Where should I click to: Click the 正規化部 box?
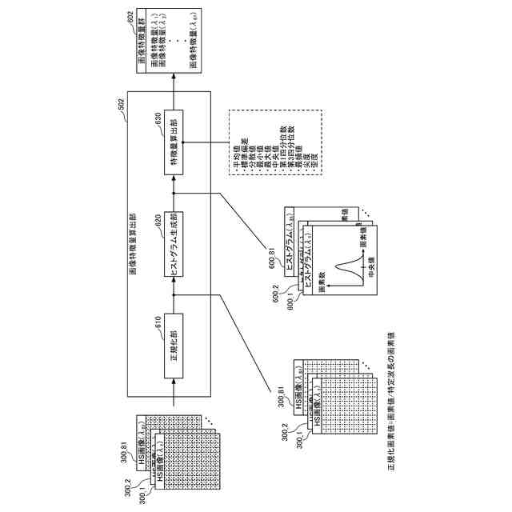[175, 345]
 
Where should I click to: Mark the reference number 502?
[121, 104]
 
